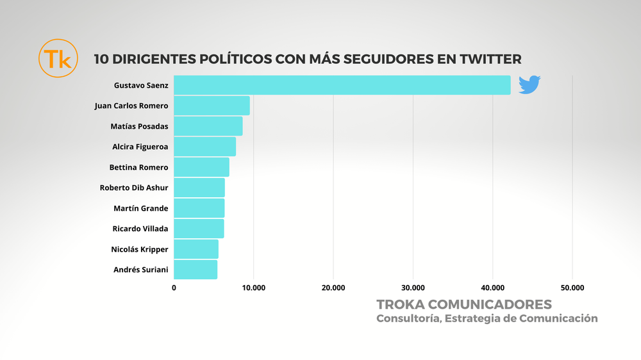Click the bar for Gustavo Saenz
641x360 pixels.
click(342, 85)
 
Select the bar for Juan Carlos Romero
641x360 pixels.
click(212, 106)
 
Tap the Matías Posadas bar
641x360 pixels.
click(208, 126)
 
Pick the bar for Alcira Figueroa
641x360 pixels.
click(204, 147)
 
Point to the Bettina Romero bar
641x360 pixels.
click(201, 167)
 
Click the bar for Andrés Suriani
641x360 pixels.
click(196, 270)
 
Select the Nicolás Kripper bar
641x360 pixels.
click(196, 249)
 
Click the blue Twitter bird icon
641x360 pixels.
click(529, 85)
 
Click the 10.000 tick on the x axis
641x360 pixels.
click(253, 288)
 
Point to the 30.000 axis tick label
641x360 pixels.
click(413, 288)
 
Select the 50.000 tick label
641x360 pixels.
click(572, 288)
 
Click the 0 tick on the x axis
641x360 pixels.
click(174, 288)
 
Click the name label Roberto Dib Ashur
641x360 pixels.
click(134, 188)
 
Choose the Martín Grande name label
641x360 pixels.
click(140, 208)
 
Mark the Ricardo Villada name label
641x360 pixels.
click(140, 229)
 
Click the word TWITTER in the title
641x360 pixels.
click(490, 59)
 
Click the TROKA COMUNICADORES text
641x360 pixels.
click(464, 304)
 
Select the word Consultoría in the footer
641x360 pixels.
click(406, 318)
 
